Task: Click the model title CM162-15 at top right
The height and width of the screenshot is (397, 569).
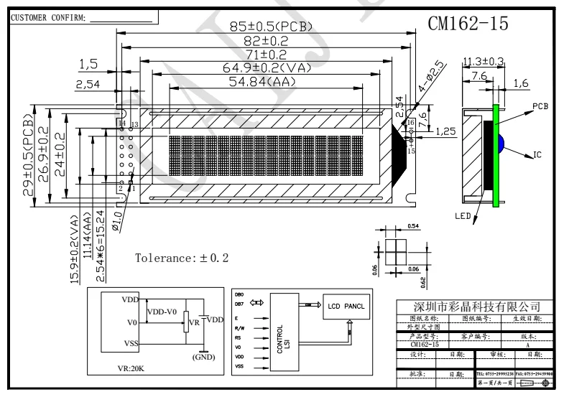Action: pyautogui.click(x=468, y=24)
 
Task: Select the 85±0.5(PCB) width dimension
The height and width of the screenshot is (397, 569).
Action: pyautogui.click(x=271, y=27)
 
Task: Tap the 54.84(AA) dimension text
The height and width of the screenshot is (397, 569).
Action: pyautogui.click(x=264, y=82)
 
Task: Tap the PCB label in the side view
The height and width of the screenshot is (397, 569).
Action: pyautogui.click(x=541, y=106)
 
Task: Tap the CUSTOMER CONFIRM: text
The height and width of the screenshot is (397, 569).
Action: pyautogui.click(x=47, y=18)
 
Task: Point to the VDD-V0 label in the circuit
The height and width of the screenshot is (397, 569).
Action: pyautogui.click(x=161, y=312)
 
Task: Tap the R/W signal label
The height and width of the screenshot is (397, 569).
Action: pyautogui.click(x=239, y=327)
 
